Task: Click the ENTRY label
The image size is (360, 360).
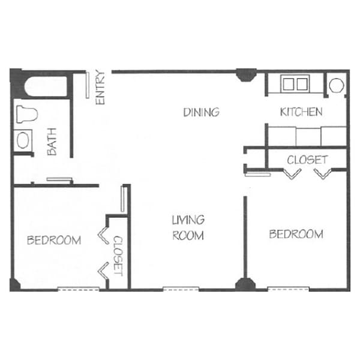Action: coord(100,88)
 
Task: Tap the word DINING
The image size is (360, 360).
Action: coord(201,112)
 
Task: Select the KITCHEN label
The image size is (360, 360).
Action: coord(301,112)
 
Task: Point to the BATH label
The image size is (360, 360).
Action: coord(52,145)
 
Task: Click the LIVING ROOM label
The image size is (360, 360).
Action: coord(188,227)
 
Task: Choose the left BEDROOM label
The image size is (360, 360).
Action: coord(54,241)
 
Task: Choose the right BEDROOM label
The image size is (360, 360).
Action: coord(296,234)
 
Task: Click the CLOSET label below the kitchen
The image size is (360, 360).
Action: coord(307,160)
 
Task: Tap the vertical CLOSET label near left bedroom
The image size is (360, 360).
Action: coord(118,255)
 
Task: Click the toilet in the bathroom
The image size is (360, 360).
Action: coord(28,113)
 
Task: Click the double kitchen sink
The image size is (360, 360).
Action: coord(295,83)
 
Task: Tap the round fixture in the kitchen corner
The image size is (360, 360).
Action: coord(336,85)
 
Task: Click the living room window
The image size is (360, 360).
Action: coord(181,289)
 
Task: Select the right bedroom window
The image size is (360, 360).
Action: coord(288,289)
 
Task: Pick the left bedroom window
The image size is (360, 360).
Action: coord(78,289)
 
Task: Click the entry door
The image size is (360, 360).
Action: coord(88,86)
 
